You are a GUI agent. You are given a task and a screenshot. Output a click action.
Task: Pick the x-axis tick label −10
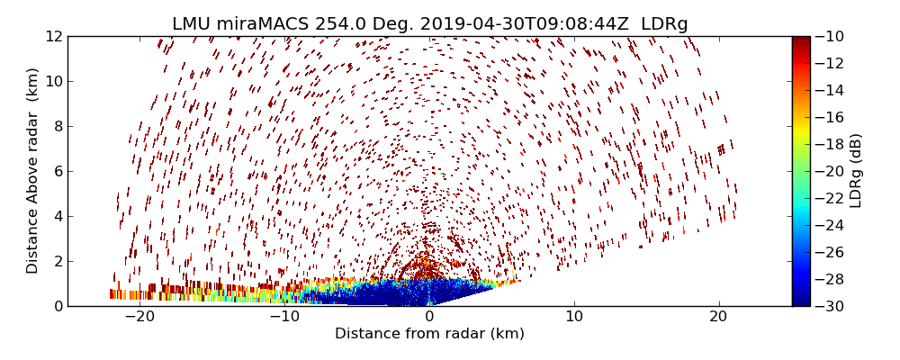point(283,317)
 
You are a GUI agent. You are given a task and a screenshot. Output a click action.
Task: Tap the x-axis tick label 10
point(574,317)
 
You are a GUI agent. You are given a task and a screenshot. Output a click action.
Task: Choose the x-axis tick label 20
point(718,317)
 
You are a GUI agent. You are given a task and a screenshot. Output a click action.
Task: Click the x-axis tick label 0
point(429,317)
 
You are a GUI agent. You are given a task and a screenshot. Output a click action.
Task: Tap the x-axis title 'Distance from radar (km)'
point(429,334)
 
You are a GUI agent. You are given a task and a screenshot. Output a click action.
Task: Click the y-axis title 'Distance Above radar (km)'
point(33,171)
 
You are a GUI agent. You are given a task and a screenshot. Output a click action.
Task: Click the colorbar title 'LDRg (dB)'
point(856,171)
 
